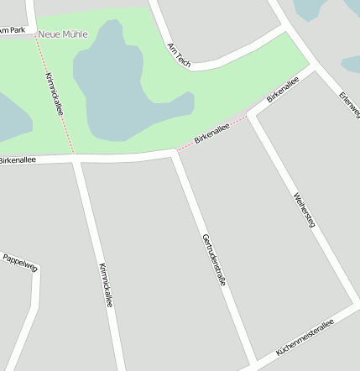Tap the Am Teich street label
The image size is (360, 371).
(179, 55)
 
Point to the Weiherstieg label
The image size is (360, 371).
(304, 209)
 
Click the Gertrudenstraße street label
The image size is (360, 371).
(214, 260)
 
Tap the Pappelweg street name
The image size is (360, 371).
(21, 262)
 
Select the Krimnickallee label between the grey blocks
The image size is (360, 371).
(106, 285)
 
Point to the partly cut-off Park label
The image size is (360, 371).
(13, 30)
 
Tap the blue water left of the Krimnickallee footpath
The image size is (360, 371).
(10, 118)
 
